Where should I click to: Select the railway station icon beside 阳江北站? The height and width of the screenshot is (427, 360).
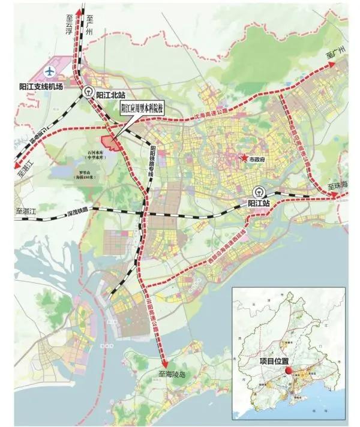89,92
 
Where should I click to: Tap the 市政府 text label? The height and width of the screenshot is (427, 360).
259,161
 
